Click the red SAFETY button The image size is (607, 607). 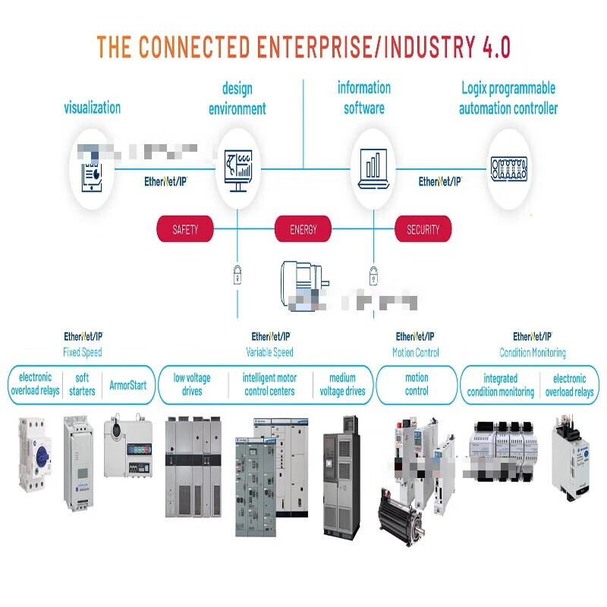click(185, 229)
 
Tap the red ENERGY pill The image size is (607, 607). click(303, 229)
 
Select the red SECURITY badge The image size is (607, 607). click(423, 229)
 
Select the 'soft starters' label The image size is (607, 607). click(82, 385)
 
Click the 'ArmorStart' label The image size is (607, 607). click(127, 385)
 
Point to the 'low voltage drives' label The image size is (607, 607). click(192, 385)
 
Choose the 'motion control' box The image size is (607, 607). click(417, 385)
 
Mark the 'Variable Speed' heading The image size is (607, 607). click(269, 352)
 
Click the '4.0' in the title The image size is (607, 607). click(496, 47)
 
